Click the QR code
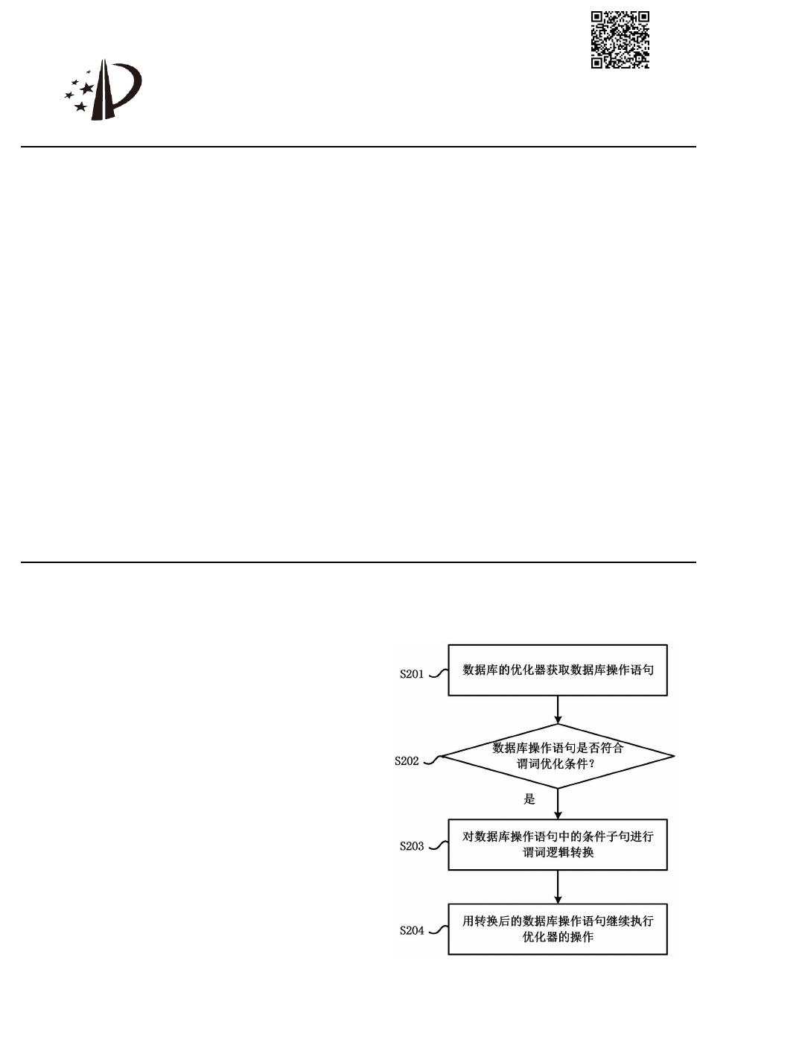point(620,39)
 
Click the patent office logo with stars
point(103,91)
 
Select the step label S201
point(412,674)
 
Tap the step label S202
point(407,761)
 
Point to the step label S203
point(412,846)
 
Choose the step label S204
point(412,930)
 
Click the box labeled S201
point(557,670)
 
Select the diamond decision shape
point(557,756)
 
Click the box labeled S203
point(557,845)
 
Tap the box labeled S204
point(557,929)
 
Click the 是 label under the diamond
point(529,799)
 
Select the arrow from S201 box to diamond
point(558,710)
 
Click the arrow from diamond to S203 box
point(558,804)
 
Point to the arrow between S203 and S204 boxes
point(558,887)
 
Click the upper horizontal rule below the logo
point(357,147)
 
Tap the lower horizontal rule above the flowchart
point(357,562)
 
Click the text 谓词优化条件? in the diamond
point(557,764)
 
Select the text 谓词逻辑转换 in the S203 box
point(558,852)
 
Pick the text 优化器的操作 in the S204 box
point(558,937)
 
